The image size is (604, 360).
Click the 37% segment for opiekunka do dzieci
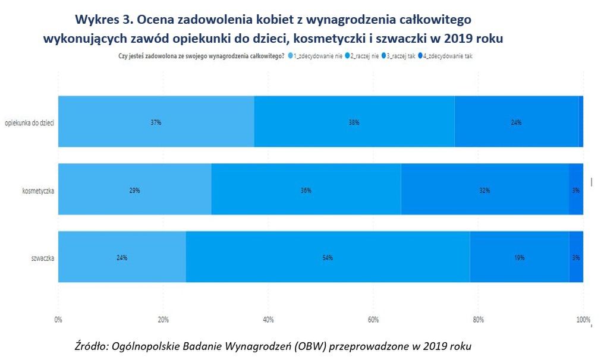point(156,122)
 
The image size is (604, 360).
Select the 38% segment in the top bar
point(354,122)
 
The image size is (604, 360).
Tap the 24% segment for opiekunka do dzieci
point(516,122)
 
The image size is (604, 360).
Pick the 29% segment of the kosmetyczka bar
point(134,190)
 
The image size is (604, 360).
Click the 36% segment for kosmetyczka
point(306,190)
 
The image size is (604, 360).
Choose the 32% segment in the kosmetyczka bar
point(485,190)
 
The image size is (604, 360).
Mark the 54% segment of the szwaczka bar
point(328,257)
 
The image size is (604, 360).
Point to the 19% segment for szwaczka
point(519,257)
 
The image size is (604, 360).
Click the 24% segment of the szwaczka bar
point(122,257)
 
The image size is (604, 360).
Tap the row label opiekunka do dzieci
point(29,122)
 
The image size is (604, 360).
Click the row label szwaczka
point(42,258)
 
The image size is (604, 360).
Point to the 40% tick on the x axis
point(268,320)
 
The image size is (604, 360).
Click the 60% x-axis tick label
point(373,320)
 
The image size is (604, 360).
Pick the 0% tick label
point(58,320)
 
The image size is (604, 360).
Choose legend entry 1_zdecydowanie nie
point(316,55)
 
